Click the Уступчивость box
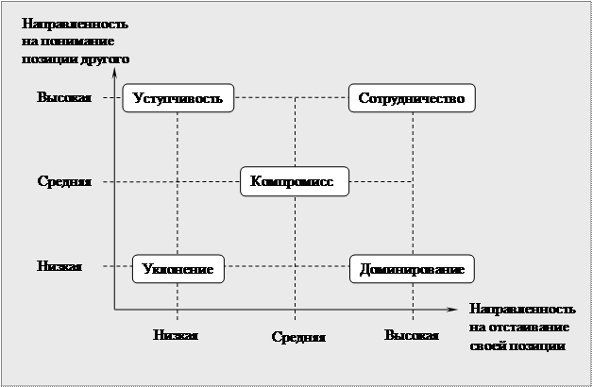[x=178, y=98]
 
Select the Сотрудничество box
[x=411, y=98]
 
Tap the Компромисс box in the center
[x=295, y=181]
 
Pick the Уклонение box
[x=178, y=269]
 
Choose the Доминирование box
[x=411, y=269]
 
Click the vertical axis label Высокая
[x=64, y=98]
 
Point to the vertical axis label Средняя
[x=64, y=181]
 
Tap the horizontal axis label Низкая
[x=177, y=334]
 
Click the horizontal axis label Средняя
[x=298, y=337]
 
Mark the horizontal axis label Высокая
[x=412, y=335]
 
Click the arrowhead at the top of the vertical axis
[x=114, y=67]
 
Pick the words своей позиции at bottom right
[x=517, y=345]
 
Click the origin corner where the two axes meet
[x=114, y=308]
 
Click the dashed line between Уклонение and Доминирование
[x=288, y=267]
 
